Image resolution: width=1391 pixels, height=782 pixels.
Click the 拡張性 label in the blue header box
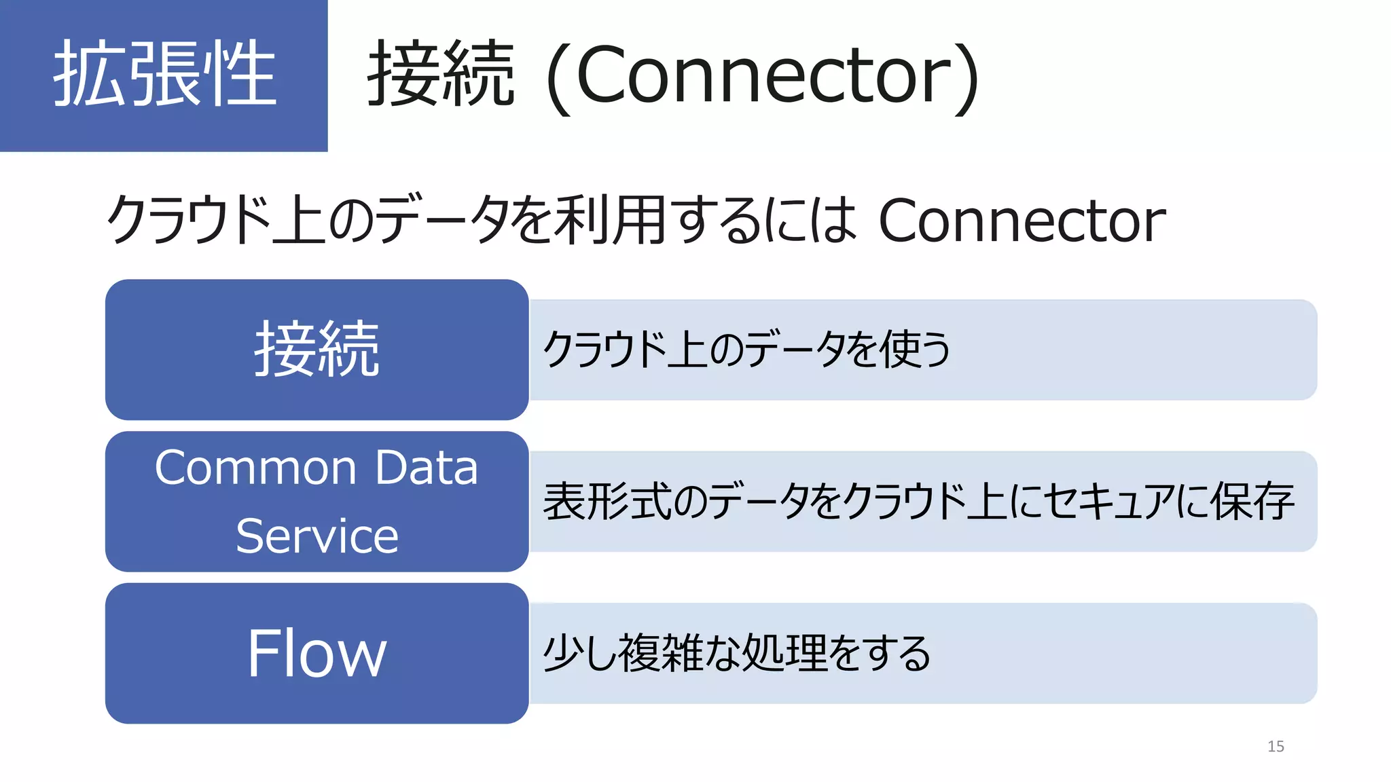[164, 73]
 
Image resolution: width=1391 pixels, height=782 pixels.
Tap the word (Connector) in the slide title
[762, 75]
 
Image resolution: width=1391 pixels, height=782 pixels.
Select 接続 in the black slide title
[440, 73]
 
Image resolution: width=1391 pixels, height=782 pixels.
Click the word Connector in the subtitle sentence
[1022, 220]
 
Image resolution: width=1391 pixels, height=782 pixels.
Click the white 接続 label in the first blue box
[317, 349]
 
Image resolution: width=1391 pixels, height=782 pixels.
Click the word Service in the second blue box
[317, 536]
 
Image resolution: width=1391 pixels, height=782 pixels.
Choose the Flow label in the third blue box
[317, 653]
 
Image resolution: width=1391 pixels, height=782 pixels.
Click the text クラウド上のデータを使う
[746, 350]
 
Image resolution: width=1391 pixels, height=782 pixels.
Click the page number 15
[1276, 747]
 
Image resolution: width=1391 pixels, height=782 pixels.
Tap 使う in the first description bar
[915, 350]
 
